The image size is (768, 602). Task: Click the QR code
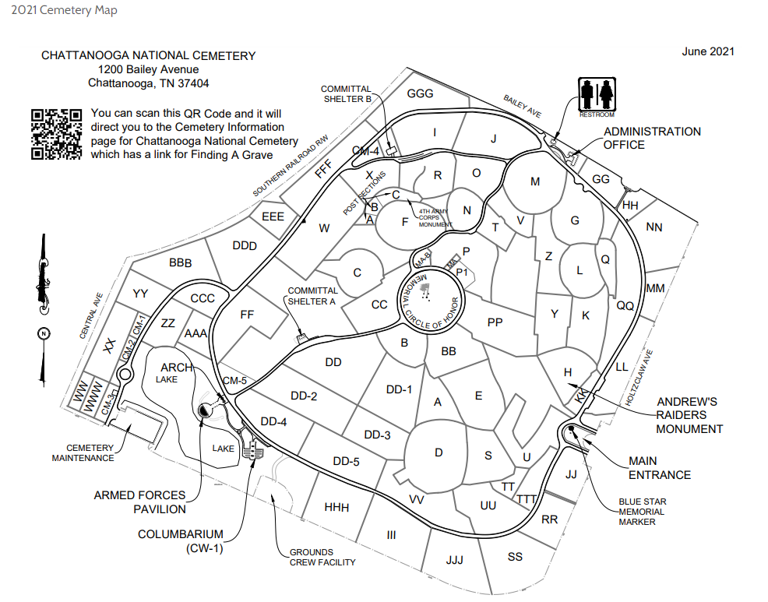point(57,134)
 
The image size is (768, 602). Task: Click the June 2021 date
point(707,51)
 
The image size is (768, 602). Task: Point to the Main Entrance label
point(660,468)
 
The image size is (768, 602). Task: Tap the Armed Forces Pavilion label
point(140,502)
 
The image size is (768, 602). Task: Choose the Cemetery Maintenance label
point(83,452)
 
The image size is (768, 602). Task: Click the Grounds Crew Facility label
point(322,557)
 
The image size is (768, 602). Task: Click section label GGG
point(420,93)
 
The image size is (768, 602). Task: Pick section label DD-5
point(346,461)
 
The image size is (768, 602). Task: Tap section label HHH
point(336,508)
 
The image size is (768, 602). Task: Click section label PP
point(495,322)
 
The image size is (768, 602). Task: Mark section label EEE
point(273,216)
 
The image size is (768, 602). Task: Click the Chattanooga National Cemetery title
point(148,56)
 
